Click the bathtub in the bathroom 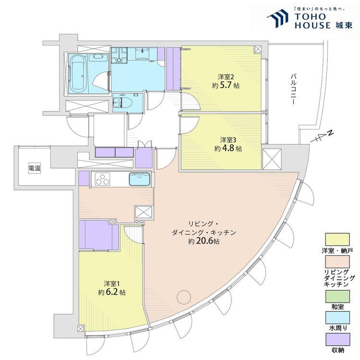[x=78, y=73]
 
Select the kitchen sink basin [x=140, y=179]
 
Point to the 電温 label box [x=35, y=168]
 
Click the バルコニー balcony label [x=292, y=89]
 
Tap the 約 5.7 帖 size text [x=226, y=85]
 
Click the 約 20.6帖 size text [x=204, y=241]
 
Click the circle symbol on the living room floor [x=184, y=297]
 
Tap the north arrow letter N [x=330, y=133]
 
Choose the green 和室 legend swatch [x=337, y=296]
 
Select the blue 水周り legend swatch [x=337, y=318]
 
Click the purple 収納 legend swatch [x=337, y=339]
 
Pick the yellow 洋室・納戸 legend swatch [x=337, y=240]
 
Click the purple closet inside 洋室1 [x=99, y=235]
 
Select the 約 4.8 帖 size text [x=228, y=148]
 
